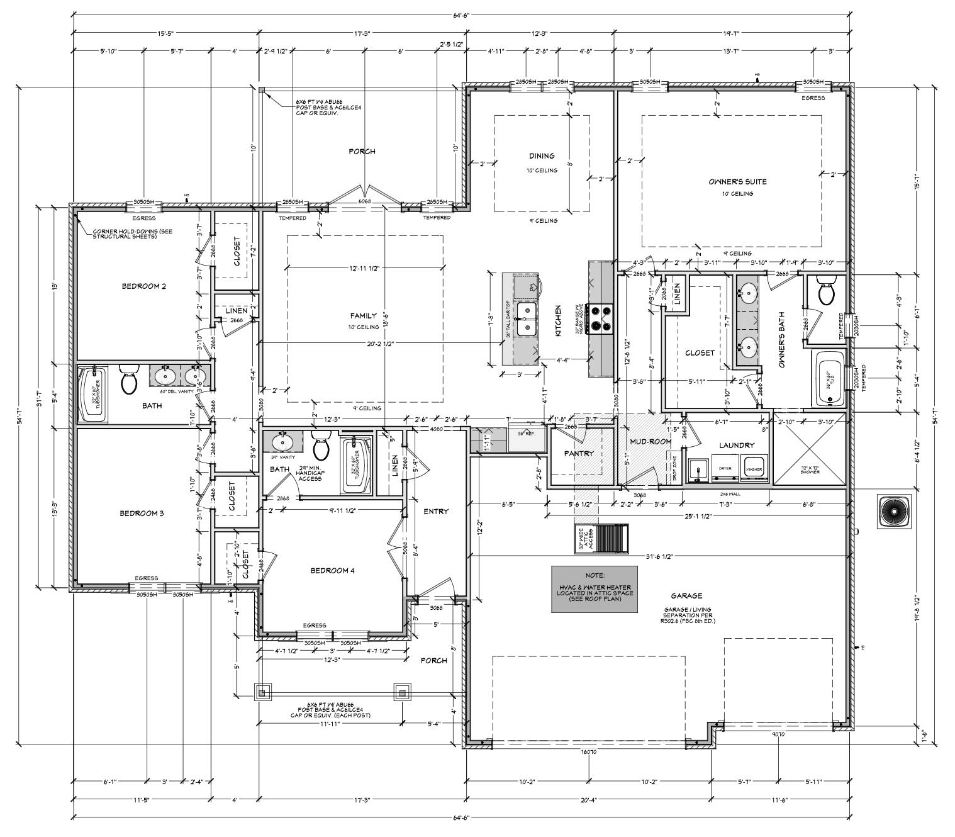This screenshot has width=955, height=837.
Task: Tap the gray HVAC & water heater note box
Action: coord(594,588)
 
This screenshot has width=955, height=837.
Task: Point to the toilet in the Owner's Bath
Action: coord(825,291)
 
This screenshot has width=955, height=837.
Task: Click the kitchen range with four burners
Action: coord(600,318)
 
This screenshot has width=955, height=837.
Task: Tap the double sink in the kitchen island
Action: coord(526,319)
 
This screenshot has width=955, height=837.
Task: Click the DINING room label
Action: coord(541,156)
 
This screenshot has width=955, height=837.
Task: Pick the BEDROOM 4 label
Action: coord(332,571)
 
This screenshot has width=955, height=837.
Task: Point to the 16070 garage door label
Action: coord(588,752)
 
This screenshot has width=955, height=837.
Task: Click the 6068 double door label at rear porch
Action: coord(365,201)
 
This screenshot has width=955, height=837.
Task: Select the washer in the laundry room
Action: coord(753,471)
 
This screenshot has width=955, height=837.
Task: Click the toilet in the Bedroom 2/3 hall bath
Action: coord(129,378)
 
